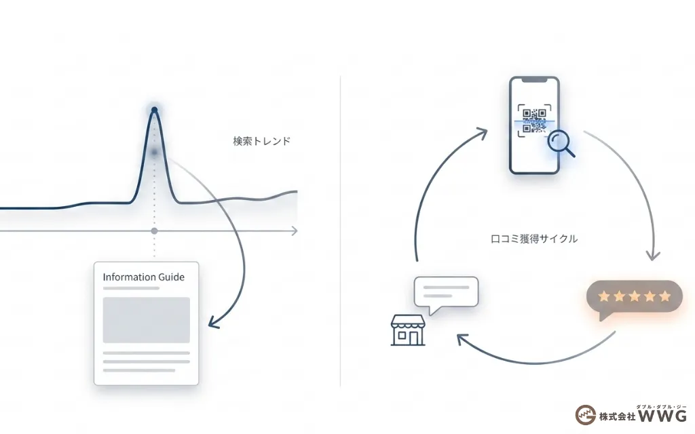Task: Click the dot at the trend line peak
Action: click(x=154, y=110)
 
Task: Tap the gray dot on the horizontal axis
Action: click(x=154, y=231)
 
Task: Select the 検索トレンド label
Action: click(x=261, y=141)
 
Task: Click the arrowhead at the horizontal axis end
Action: click(x=294, y=231)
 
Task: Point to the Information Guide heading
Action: click(x=144, y=277)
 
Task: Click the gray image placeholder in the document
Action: click(x=147, y=320)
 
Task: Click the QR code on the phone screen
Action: click(x=534, y=121)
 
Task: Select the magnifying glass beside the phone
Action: click(x=561, y=144)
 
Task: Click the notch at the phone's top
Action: click(x=535, y=80)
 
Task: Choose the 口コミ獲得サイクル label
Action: click(x=534, y=239)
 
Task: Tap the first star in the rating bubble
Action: click(x=604, y=296)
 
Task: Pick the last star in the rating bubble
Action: click(x=665, y=296)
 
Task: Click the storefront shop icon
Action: click(x=408, y=330)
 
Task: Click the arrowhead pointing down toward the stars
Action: click(x=653, y=256)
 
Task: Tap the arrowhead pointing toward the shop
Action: click(x=462, y=340)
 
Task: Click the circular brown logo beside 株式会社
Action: click(x=586, y=415)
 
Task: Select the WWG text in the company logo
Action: click(x=662, y=416)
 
